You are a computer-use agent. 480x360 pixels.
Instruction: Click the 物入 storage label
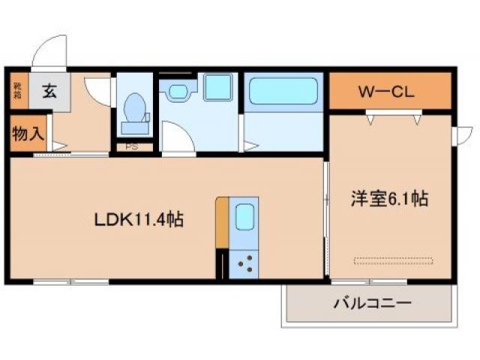click(28, 134)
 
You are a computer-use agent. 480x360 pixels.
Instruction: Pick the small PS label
click(131, 147)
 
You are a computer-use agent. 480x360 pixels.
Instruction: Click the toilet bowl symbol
click(136, 109)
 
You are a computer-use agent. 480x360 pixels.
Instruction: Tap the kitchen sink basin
click(245, 217)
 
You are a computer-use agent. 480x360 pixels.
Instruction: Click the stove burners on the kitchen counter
click(244, 262)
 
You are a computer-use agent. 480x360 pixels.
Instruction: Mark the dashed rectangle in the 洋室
click(394, 260)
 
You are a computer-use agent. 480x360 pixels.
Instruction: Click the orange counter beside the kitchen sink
click(222, 222)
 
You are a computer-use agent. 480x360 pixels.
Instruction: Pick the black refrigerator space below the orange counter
click(221, 264)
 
